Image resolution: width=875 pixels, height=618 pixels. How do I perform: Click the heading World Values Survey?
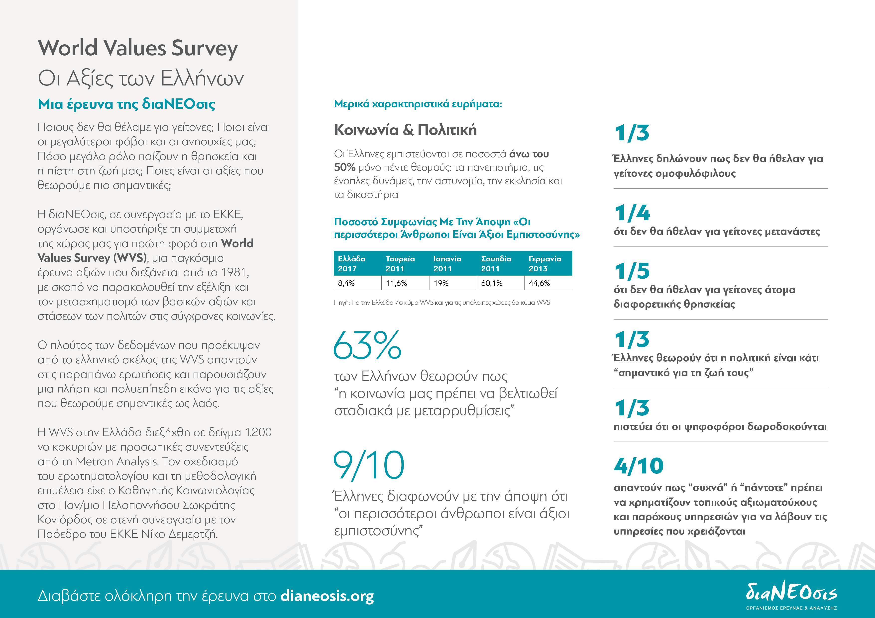(138, 48)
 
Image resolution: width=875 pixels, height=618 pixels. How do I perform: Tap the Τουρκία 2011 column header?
(400, 263)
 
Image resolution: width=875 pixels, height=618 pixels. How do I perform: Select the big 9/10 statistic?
(368, 465)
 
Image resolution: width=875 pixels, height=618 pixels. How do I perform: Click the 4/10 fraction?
(639, 466)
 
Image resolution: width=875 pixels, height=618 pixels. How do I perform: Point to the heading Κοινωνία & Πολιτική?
(405, 130)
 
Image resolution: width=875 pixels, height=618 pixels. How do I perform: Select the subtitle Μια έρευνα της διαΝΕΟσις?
(126, 104)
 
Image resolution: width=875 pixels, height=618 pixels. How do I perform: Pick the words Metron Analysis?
(117, 462)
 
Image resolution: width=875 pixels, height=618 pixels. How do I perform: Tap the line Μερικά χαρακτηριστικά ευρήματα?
(418, 104)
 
